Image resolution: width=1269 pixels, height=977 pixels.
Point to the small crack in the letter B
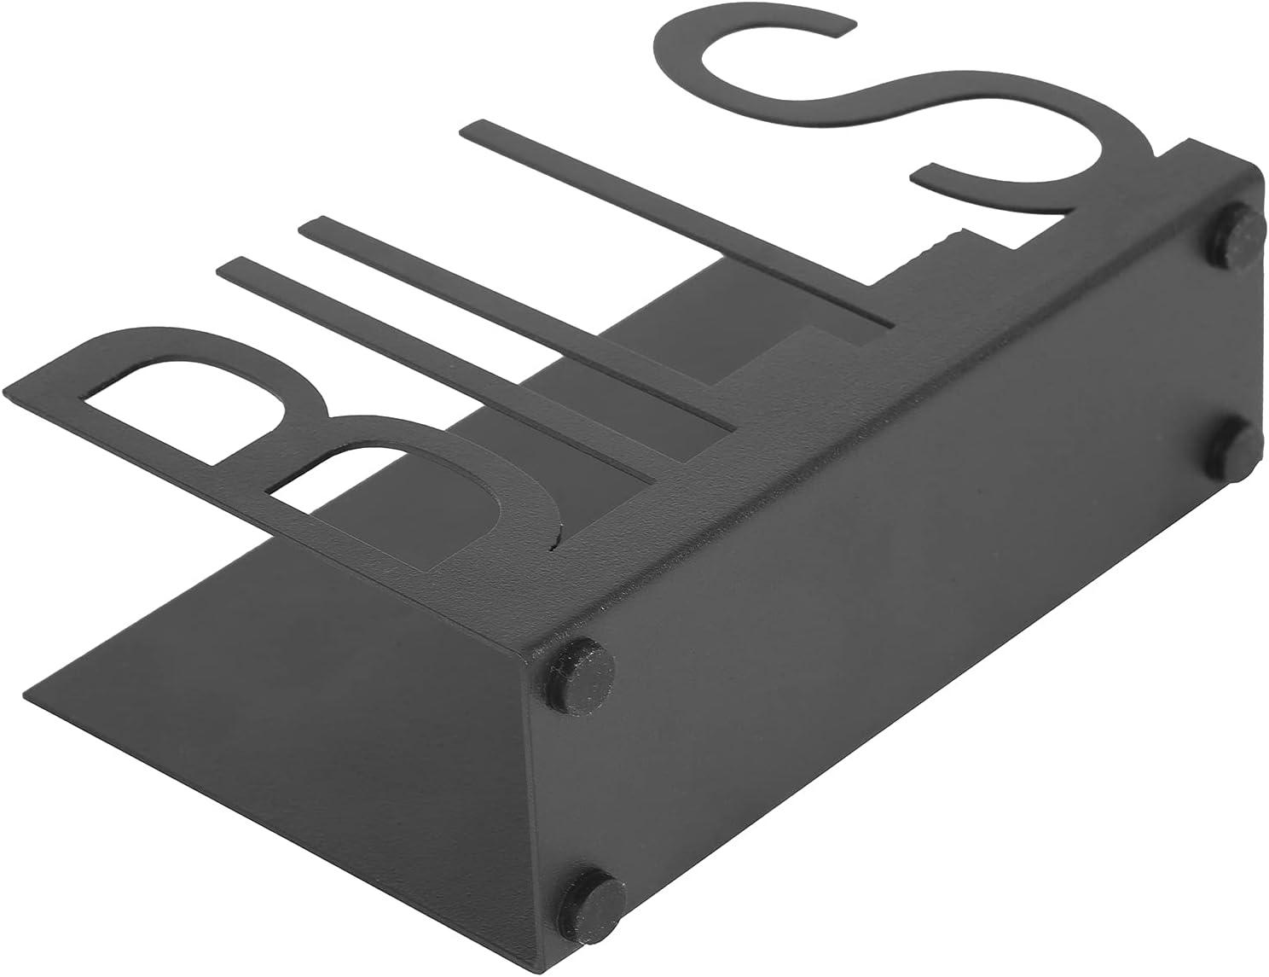click(x=556, y=535)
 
